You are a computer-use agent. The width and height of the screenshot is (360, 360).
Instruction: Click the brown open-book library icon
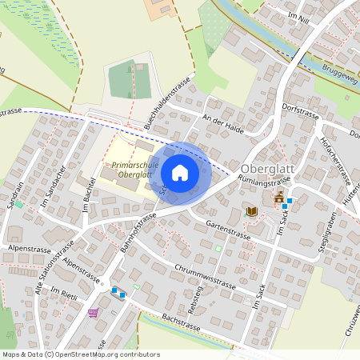click(251, 210)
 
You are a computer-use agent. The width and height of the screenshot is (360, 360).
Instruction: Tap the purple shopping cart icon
click(94, 313)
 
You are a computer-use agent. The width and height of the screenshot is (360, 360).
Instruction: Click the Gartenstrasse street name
click(228, 231)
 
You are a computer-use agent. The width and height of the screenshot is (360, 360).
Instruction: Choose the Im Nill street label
click(298, 17)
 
